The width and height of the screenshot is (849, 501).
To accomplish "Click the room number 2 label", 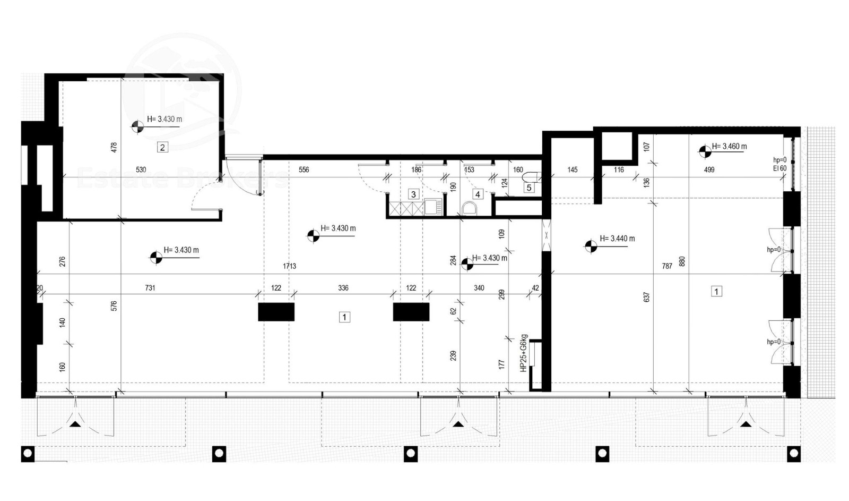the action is pos(162,147).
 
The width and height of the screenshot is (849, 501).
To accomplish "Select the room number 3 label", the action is pos(413,194).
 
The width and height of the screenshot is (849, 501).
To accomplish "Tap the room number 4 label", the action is pos(478,194).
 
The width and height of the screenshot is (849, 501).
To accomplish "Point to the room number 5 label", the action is pos(529,188).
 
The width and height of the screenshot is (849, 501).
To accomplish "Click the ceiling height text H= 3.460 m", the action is pos(729,147).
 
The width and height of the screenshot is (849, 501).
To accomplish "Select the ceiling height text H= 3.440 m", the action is pos(617,239).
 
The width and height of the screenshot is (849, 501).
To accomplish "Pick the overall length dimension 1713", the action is pos(289,267).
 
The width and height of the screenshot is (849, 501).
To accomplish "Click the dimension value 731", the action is pos(150,288).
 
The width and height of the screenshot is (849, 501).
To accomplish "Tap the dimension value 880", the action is pos(682,261).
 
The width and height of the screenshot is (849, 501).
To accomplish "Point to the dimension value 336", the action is pos(343,288).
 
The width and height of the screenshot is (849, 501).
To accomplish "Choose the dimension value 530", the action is pos(141,169).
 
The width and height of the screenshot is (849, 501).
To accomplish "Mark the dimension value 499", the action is pos(709,169).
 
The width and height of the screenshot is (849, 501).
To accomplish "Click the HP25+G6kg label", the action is pos(523,353).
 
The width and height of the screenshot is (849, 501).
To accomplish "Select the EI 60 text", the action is pos(780,168).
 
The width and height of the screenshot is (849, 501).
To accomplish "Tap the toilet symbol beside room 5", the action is pos(530,177).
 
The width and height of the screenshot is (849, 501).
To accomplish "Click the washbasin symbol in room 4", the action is pos(469,208).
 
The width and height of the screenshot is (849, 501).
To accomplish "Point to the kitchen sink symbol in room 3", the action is pos(433,207).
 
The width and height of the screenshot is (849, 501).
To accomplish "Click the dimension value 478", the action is pos(114,148).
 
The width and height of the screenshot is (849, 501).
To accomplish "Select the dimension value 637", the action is pos(647,297).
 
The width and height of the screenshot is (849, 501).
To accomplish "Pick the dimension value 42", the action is pos(535,288).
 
